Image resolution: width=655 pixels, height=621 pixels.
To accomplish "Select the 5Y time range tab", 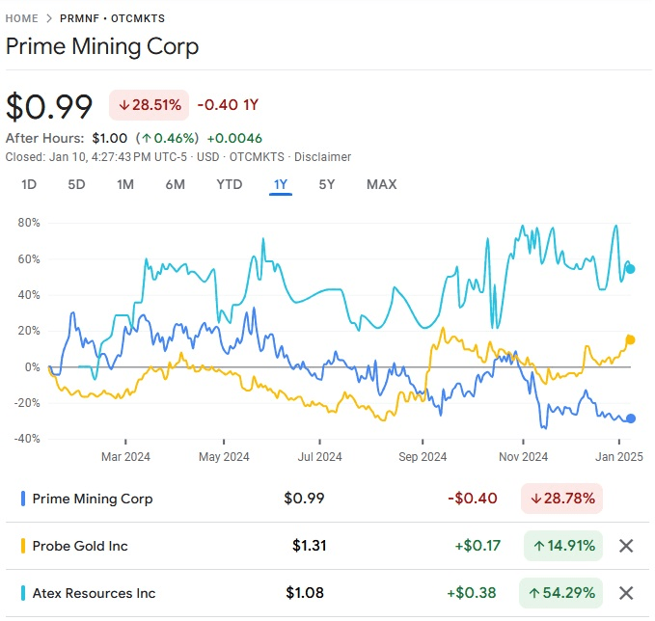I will (x=327, y=184).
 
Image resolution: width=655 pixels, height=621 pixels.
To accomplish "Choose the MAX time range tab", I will (x=381, y=184).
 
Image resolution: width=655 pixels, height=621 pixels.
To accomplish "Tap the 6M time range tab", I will (x=175, y=184).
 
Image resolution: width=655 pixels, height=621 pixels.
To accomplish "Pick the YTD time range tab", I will (x=229, y=184).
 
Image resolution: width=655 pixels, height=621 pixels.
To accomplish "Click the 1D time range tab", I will (x=29, y=184).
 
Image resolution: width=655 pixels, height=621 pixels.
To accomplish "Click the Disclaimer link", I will (x=323, y=157).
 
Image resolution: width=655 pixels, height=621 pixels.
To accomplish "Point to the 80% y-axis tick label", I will (x=29, y=223).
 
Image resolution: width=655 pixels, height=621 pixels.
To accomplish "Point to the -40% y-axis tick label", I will (x=26, y=439).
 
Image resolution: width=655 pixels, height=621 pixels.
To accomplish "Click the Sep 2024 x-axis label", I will (x=422, y=457).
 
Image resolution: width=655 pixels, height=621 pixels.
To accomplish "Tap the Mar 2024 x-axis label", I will (x=125, y=457).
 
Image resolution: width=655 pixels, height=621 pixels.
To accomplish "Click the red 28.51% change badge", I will (x=149, y=104).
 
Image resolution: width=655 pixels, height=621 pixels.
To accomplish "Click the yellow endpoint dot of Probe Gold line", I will (x=631, y=339).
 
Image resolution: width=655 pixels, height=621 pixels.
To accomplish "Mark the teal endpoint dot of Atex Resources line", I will (x=631, y=269).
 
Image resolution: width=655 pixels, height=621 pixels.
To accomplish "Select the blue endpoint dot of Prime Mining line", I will (x=631, y=418).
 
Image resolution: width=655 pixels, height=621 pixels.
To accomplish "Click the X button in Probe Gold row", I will (x=626, y=546).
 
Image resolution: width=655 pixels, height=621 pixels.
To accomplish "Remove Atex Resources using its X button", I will (x=626, y=593).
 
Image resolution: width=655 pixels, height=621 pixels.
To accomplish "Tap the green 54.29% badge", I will (x=561, y=593).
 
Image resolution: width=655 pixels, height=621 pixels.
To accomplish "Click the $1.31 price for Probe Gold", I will (x=310, y=546).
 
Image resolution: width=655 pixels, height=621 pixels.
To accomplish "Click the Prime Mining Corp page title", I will (x=102, y=46).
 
